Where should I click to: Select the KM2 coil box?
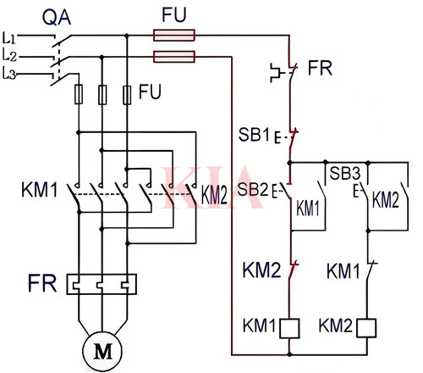coord(369,326)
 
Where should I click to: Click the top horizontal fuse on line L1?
coord(173,36)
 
